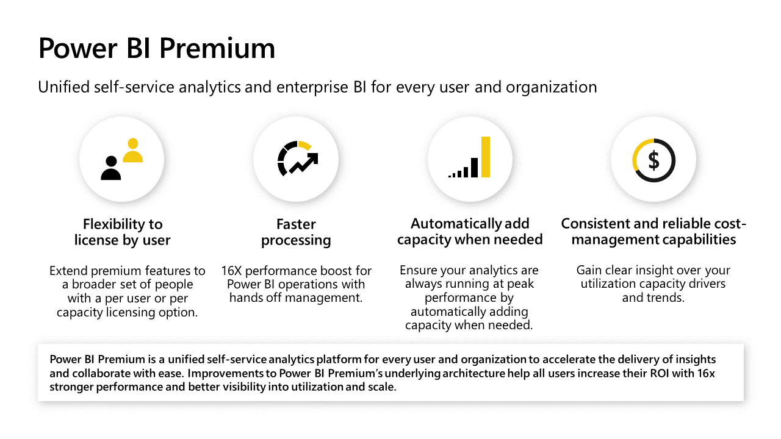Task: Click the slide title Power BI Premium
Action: point(157,48)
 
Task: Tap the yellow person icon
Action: point(133,150)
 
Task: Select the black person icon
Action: point(111,168)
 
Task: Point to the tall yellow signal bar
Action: point(486,157)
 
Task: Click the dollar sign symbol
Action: point(653,160)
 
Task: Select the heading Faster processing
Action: point(296,232)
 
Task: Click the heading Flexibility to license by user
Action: point(123,232)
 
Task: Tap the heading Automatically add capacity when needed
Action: point(470,232)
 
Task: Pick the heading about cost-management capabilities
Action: point(653,232)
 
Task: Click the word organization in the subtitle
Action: point(551,87)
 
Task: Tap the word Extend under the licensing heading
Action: point(68,271)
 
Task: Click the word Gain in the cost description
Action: point(589,270)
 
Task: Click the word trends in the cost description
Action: point(666,298)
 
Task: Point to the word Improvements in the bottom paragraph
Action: point(226,374)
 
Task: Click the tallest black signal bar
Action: point(474,168)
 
